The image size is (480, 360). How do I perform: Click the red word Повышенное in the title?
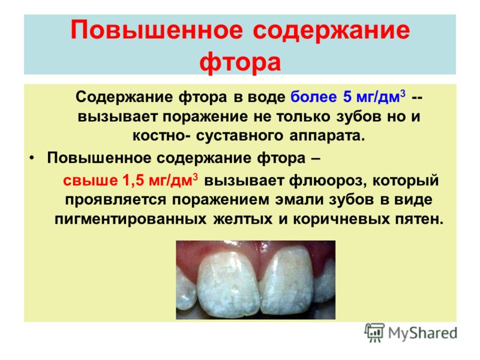(157, 30)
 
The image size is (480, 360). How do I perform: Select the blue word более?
(314, 97)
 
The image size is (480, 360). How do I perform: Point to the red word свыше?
(91, 181)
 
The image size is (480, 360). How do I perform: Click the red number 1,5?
(133, 180)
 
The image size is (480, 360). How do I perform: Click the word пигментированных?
(130, 220)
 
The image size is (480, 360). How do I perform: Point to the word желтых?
(243, 220)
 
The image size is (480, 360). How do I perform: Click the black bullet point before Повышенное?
(32, 158)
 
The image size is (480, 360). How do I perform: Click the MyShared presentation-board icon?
(374, 332)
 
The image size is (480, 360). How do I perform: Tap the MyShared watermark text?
(423, 333)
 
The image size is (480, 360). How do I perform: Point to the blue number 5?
(347, 97)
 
